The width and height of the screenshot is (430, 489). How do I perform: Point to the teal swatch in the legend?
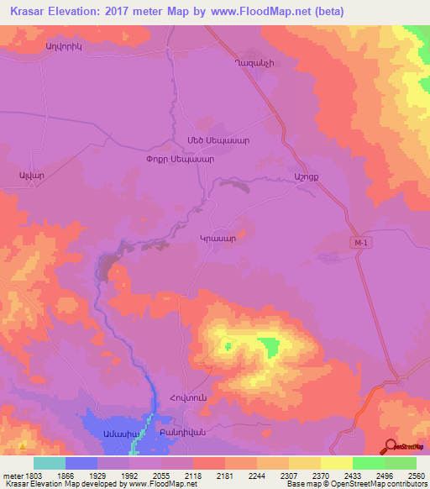click(x=50, y=463)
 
